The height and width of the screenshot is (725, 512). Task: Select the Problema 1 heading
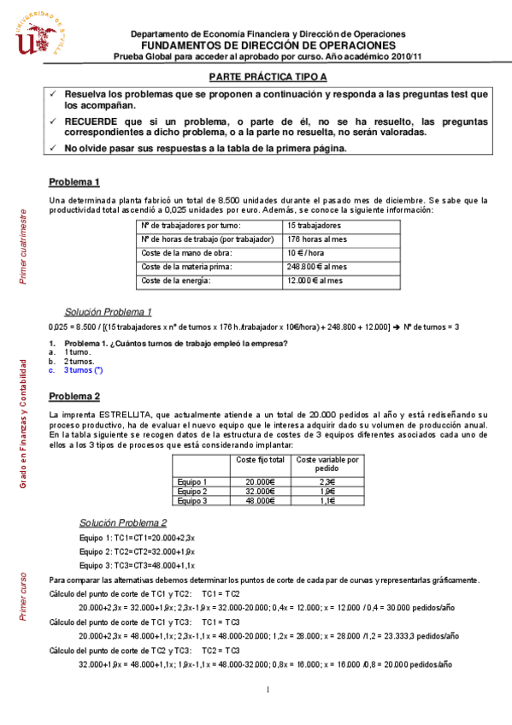[74, 182]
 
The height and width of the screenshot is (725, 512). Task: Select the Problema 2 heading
[74, 396]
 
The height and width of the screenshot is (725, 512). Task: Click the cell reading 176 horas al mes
[319, 239]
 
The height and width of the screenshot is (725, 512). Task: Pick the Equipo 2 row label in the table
[192, 492]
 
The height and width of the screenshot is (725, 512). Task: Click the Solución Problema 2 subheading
[123, 522]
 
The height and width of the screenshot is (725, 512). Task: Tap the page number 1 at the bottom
[268, 690]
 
